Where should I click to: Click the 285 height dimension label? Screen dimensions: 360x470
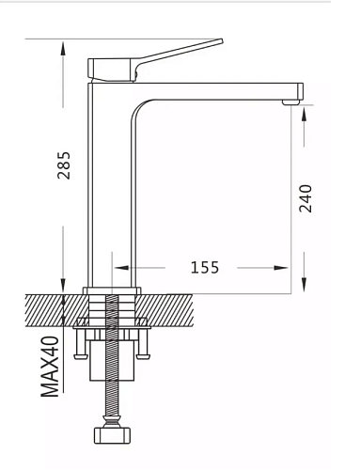(x=64, y=165)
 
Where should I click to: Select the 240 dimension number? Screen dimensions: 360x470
(x=305, y=198)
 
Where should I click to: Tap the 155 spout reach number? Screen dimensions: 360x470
(x=205, y=268)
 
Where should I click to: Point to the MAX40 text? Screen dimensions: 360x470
(x=50, y=367)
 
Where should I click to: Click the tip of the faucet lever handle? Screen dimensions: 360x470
(x=221, y=41)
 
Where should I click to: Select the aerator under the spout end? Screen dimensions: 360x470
(x=290, y=102)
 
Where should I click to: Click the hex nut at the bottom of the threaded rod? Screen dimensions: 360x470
(x=113, y=435)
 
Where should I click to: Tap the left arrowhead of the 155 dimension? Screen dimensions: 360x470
(x=121, y=268)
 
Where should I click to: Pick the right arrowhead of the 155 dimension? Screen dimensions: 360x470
(x=280, y=268)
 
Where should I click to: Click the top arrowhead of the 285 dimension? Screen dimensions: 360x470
(x=63, y=49)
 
